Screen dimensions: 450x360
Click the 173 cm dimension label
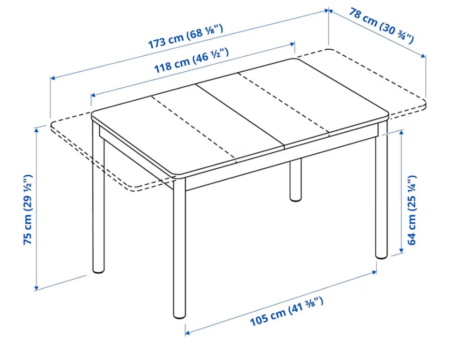click(x=186, y=37)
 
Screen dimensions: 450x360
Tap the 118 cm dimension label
click(x=191, y=60)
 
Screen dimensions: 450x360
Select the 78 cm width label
click(x=382, y=26)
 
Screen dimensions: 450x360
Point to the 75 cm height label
click(x=28, y=209)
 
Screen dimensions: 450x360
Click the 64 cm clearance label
click(x=411, y=210)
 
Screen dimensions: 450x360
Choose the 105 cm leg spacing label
click(x=287, y=312)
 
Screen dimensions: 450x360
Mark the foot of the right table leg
click(x=382, y=255)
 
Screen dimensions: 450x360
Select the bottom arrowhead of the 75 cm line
click(x=36, y=287)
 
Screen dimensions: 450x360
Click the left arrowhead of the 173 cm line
click(x=53, y=78)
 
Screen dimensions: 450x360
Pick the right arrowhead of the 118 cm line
click(x=292, y=44)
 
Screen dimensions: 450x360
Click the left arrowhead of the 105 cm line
click(x=187, y=333)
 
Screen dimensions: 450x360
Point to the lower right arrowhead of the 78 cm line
click(x=423, y=56)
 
